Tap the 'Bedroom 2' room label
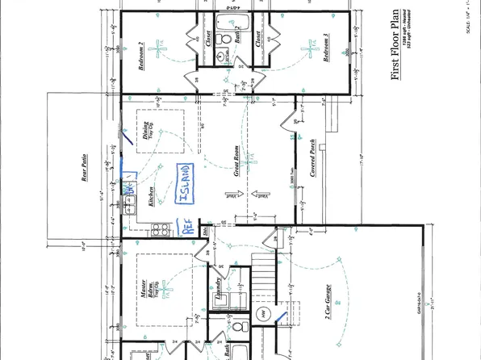(140, 57)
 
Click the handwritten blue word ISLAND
(185, 184)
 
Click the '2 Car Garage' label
(328, 307)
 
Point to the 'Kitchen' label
(151, 197)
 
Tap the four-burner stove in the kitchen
(158, 228)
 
